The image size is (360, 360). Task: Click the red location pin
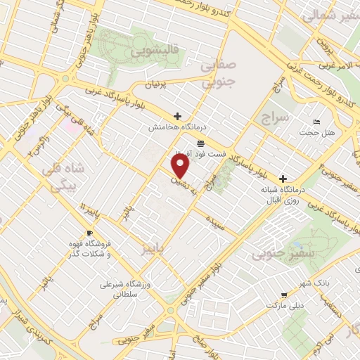click(181, 166)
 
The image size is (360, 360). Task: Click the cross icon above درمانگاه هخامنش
click(177, 116)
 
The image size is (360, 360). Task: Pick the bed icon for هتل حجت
click(316, 122)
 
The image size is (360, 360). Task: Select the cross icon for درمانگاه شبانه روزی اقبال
click(283, 178)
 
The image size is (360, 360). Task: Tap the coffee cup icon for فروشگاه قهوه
click(89, 233)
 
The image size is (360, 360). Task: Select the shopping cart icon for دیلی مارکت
click(283, 295)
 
